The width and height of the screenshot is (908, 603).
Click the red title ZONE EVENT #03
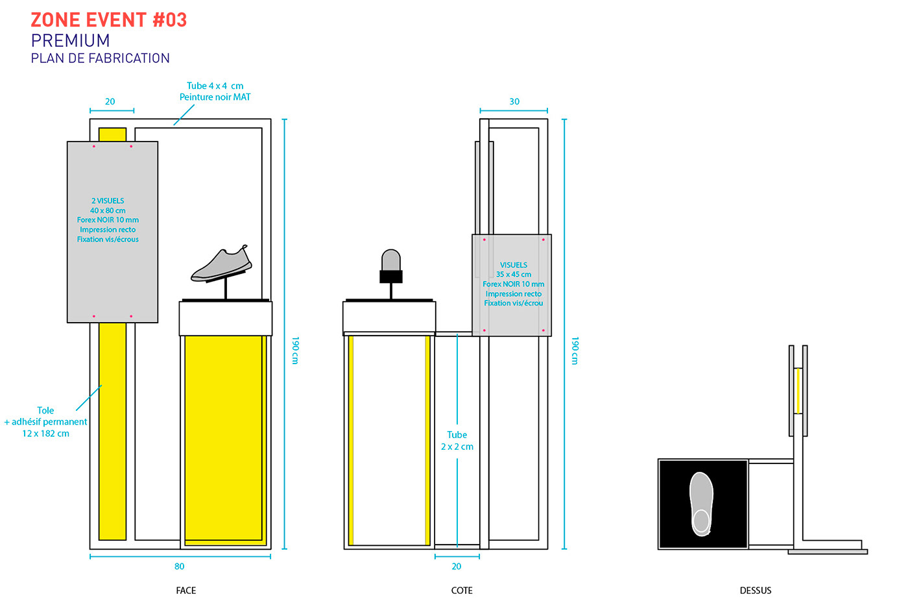[109, 20]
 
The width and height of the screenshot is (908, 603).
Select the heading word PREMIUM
[70, 41]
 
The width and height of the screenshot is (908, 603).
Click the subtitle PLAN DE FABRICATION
[100, 58]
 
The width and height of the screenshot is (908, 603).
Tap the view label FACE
[185, 590]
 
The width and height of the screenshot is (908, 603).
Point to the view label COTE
[462, 590]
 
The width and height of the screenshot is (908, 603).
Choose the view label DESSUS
[756, 590]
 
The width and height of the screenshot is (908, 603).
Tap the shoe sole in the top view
[701, 504]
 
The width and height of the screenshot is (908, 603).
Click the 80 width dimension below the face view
[180, 566]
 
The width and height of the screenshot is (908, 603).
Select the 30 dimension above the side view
[514, 101]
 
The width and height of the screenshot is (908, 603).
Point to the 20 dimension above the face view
[110, 101]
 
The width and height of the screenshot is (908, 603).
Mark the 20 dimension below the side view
[457, 566]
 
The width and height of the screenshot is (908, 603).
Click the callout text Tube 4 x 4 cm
[215, 86]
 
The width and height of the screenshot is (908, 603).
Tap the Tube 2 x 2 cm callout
[457, 441]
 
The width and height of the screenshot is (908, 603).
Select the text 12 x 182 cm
[45, 434]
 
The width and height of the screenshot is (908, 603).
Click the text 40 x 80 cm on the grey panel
[108, 210]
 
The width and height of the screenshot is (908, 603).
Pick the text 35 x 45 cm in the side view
[514, 275]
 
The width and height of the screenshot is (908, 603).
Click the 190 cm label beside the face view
[295, 350]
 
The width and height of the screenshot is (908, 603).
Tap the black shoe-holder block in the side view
[390, 277]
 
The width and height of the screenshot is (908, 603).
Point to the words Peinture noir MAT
[215, 97]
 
